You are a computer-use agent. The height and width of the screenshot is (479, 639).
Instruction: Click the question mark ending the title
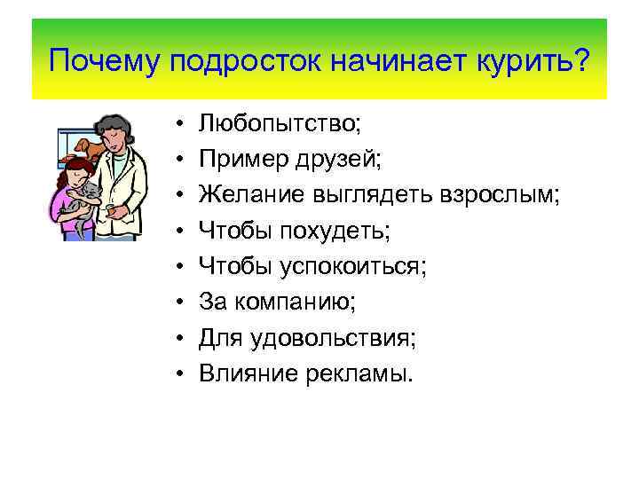582,63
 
